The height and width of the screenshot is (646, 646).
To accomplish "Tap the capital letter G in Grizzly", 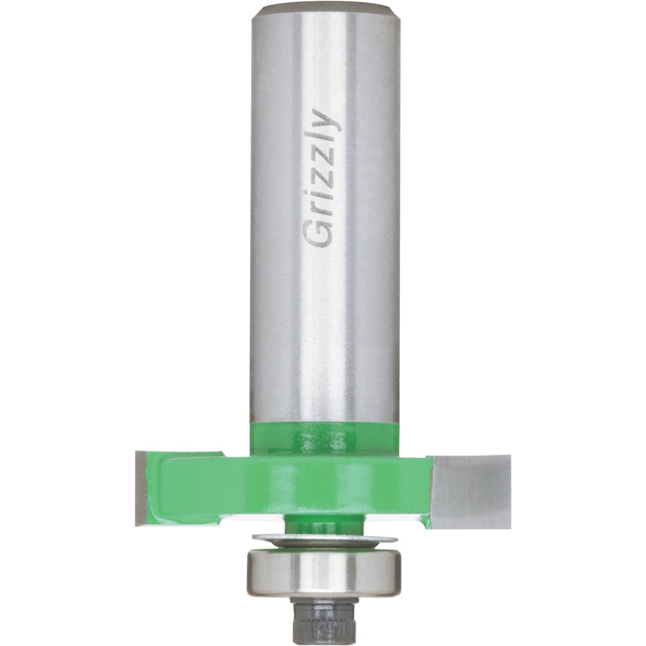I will (320, 234).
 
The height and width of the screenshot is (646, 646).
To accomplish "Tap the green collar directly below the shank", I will (323, 439).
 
